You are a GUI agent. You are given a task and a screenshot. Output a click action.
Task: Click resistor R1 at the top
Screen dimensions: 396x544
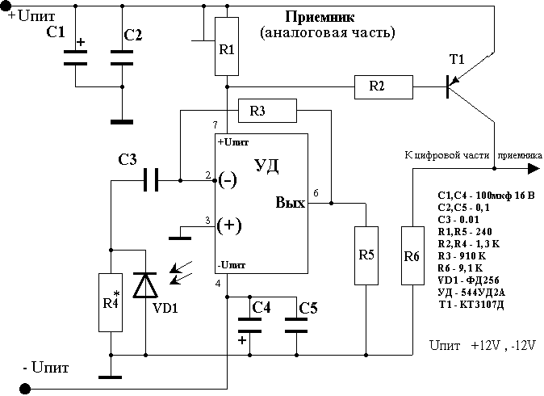pos(228,48)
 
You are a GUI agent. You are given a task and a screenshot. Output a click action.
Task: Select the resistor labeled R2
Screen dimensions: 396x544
pos(383,85)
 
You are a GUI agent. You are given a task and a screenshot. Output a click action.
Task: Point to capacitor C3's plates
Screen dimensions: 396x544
pos(149,180)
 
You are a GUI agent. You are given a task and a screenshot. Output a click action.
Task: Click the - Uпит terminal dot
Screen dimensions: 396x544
pos(24,389)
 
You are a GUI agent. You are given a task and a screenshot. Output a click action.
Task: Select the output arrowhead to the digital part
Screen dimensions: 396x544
pos(534,168)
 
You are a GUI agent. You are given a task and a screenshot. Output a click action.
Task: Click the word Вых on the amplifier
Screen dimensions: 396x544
pos(290,202)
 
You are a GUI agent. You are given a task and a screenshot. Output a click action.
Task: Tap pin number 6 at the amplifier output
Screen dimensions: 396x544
pos(316,193)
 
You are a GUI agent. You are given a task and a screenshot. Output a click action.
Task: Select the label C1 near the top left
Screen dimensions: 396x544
pos(56,33)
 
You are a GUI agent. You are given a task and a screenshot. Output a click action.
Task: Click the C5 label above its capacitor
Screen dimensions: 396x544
pos(308,308)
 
